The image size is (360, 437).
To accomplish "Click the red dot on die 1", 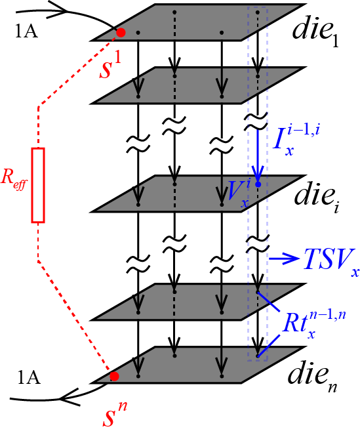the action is click(121, 32).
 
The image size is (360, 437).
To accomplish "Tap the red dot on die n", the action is click(114, 376).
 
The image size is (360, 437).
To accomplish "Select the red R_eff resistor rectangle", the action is click(38, 185).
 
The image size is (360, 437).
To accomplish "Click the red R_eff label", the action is click(14, 179).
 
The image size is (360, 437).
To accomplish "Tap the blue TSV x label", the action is click(331, 261).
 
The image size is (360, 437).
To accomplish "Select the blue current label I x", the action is click(296, 140).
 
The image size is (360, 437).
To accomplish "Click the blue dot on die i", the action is click(258, 184).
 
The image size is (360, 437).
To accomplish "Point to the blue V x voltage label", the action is click(239, 193).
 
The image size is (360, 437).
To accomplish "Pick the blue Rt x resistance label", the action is click(314, 324).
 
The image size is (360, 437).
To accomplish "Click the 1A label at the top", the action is click(26, 31).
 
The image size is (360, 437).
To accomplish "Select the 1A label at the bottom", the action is click(29, 378).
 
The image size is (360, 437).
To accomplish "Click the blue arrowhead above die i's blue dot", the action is click(258, 173).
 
